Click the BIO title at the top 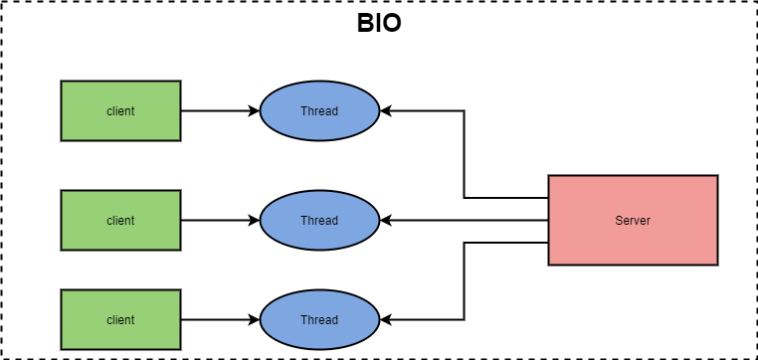point(379,24)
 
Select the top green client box point(120,111)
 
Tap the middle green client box point(120,221)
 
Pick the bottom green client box point(120,320)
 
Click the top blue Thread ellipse point(319,111)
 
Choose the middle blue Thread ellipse point(319,221)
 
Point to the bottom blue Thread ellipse point(319,320)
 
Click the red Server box point(633,221)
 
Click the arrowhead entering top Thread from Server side point(386,111)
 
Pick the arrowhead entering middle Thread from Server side point(386,221)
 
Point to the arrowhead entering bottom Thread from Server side point(386,320)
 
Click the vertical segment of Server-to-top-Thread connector point(465,154)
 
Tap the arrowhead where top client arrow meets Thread point(254,111)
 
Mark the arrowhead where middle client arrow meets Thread point(254,221)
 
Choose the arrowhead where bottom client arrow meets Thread point(254,320)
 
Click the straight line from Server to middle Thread point(468,221)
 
